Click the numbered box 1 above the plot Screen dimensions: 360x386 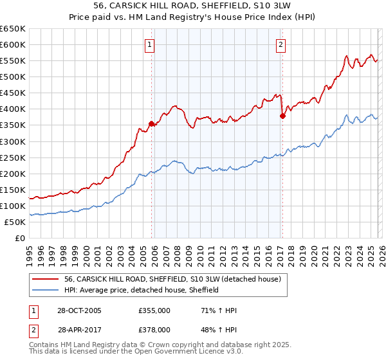pos(149,45)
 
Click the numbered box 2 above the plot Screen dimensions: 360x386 pos(281,45)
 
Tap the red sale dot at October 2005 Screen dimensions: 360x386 pos(152,123)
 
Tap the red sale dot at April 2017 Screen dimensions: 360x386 pos(282,116)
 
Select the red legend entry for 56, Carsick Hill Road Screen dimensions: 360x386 pos(172,280)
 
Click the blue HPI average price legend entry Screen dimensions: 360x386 pos(142,291)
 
